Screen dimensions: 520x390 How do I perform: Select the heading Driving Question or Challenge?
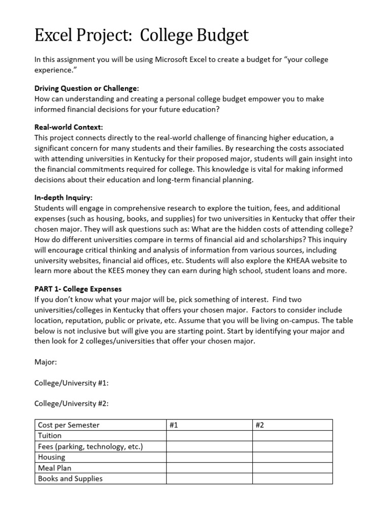click(86, 88)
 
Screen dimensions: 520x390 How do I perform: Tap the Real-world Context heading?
click(69, 127)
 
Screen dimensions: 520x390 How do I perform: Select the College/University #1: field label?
click(71, 383)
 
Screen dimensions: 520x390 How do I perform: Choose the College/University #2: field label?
click(71, 403)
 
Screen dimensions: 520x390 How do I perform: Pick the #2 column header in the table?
click(260, 425)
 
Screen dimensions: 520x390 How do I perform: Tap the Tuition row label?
click(50, 436)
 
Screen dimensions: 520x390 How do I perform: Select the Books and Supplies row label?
click(70, 478)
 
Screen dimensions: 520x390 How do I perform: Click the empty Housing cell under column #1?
click(209, 457)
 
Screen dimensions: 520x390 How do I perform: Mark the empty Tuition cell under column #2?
click(292, 436)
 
